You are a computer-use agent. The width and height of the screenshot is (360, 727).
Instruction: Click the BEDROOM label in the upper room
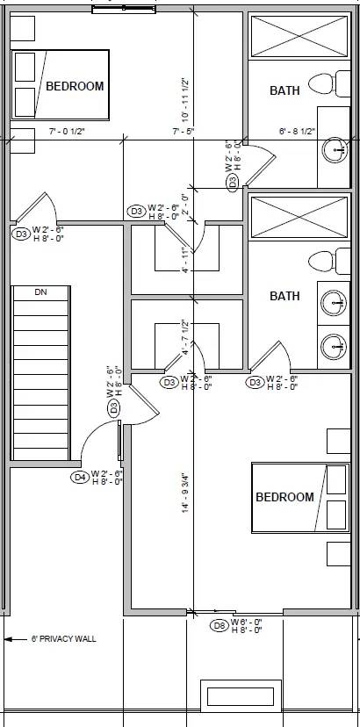tap(75, 86)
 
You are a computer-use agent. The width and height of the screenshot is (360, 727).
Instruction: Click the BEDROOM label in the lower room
tap(284, 497)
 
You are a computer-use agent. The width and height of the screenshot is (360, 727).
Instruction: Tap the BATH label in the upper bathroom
tap(284, 90)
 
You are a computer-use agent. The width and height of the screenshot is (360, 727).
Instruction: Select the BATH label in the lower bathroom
tap(284, 296)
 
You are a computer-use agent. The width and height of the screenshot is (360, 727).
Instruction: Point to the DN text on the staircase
tap(40, 292)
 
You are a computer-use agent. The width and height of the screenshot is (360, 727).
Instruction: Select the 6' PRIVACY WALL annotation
tap(63, 638)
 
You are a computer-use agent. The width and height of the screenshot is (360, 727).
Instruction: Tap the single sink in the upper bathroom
tap(334, 150)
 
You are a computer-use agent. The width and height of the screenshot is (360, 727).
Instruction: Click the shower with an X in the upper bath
tap(299, 36)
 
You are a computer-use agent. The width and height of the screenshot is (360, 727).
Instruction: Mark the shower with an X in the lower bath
tap(299, 216)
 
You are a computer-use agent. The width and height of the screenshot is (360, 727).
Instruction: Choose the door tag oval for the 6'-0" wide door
tap(220, 626)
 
